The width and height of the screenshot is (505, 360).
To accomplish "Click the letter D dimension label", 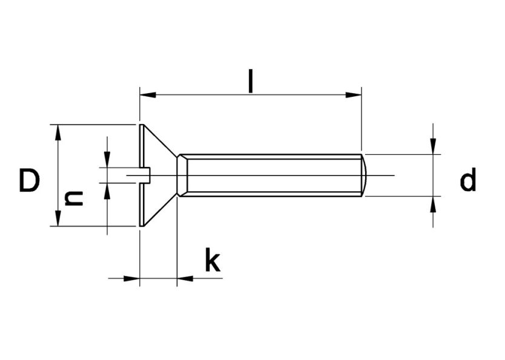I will click(29, 181).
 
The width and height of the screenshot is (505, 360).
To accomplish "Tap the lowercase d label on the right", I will click(467, 180).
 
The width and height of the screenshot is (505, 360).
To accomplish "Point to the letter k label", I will click(211, 261).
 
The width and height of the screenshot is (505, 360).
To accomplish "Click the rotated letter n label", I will click(74, 198).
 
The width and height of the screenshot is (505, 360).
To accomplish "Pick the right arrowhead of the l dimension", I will click(354, 95).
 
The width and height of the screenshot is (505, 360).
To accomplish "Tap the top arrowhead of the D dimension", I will click(58, 133).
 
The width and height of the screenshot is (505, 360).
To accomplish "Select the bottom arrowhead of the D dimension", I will click(58, 219).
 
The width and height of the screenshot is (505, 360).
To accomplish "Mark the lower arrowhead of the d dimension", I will click(433, 204).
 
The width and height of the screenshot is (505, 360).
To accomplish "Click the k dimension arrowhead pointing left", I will click(185, 278).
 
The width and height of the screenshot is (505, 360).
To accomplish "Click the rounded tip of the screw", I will click(365, 175).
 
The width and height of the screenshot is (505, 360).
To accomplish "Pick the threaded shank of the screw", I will click(272, 175).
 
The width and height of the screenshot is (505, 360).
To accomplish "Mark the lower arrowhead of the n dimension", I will click(107, 191).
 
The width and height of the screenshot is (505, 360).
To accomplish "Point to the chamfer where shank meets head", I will click(181, 175).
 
